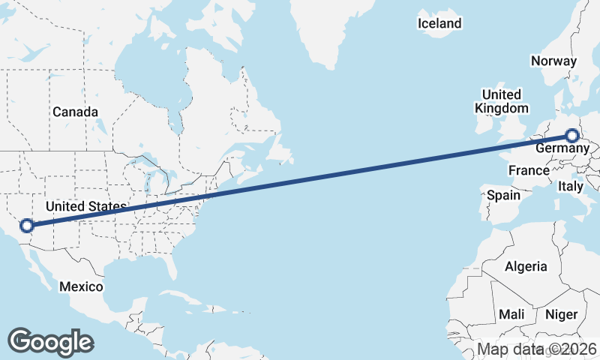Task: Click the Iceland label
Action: pyautogui.click(x=439, y=24)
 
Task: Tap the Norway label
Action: pyautogui.click(x=553, y=61)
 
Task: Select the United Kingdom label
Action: pyautogui.click(x=502, y=101)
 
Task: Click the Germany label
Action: pyautogui.click(x=562, y=149)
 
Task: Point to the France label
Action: pyautogui.click(x=529, y=171)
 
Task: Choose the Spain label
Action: pyautogui.click(x=503, y=195)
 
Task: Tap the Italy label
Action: pyautogui.click(x=571, y=185)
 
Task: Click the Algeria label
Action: pyautogui.click(x=526, y=266)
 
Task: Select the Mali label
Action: pyautogui.click(x=511, y=314)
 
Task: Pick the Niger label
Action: pyautogui.click(x=561, y=314)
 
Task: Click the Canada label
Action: pyautogui.click(x=75, y=112)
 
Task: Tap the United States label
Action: pyautogui.click(x=86, y=206)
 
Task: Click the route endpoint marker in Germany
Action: pyautogui.click(x=572, y=136)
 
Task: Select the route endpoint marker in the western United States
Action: pyautogui.click(x=27, y=225)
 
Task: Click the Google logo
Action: pyautogui.click(x=49, y=341)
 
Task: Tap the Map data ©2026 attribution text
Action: pyautogui.click(x=537, y=349)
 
